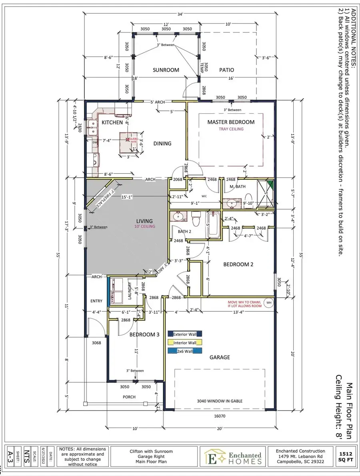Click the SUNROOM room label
click(x=166, y=70)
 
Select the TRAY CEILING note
click(x=231, y=129)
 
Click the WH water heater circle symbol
click(x=269, y=302)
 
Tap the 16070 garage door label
click(x=220, y=416)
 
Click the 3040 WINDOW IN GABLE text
click(x=220, y=401)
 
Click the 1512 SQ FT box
click(x=345, y=457)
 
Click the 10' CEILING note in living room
click(x=144, y=227)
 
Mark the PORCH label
click(x=129, y=397)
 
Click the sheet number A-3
click(x=11, y=457)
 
